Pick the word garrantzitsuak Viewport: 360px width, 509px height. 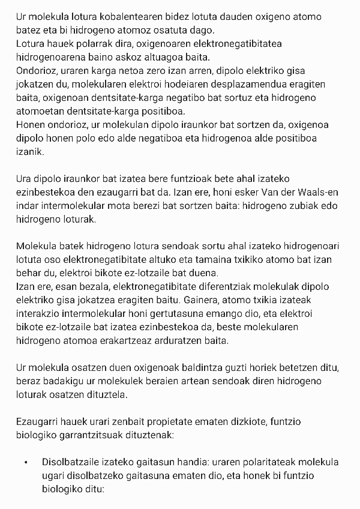coord(98,439)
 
